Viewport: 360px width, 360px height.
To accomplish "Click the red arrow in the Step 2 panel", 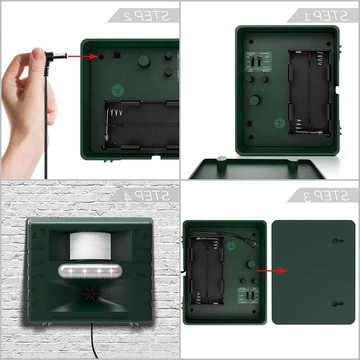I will [x=82, y=56].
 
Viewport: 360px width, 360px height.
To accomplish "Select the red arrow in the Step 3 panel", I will [x=272, y=270].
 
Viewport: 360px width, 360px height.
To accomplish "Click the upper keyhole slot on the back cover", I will [x=337, y=240].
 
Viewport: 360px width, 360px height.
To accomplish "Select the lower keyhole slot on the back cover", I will [x=337, y=303].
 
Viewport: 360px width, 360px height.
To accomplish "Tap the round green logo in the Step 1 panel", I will [x=279, y=121].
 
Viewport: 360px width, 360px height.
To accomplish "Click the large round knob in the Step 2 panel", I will [x=144, y=61].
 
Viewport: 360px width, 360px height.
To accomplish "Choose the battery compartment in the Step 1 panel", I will [x=309, y=92].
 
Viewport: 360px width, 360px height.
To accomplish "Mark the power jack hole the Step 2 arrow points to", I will [x=101, y=56].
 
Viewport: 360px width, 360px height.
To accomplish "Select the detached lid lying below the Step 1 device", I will [x=257, y=168].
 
